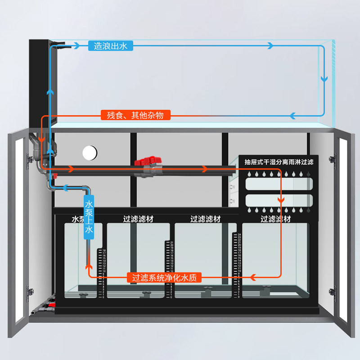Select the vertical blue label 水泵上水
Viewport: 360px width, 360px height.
coord(89,216)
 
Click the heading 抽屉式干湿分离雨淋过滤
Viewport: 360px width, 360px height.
coord(279,162)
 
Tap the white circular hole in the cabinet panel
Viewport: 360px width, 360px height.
coord(90,153)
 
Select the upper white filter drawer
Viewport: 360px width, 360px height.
coord(279,184)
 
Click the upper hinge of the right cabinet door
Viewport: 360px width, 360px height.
coord(333,159)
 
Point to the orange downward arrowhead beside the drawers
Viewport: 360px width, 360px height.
coord(281,198)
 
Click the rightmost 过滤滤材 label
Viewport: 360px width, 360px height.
coord(275,219)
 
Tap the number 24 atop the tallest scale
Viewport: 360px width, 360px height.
coord(240,235)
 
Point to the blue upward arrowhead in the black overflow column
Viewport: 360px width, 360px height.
coord(50,91)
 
